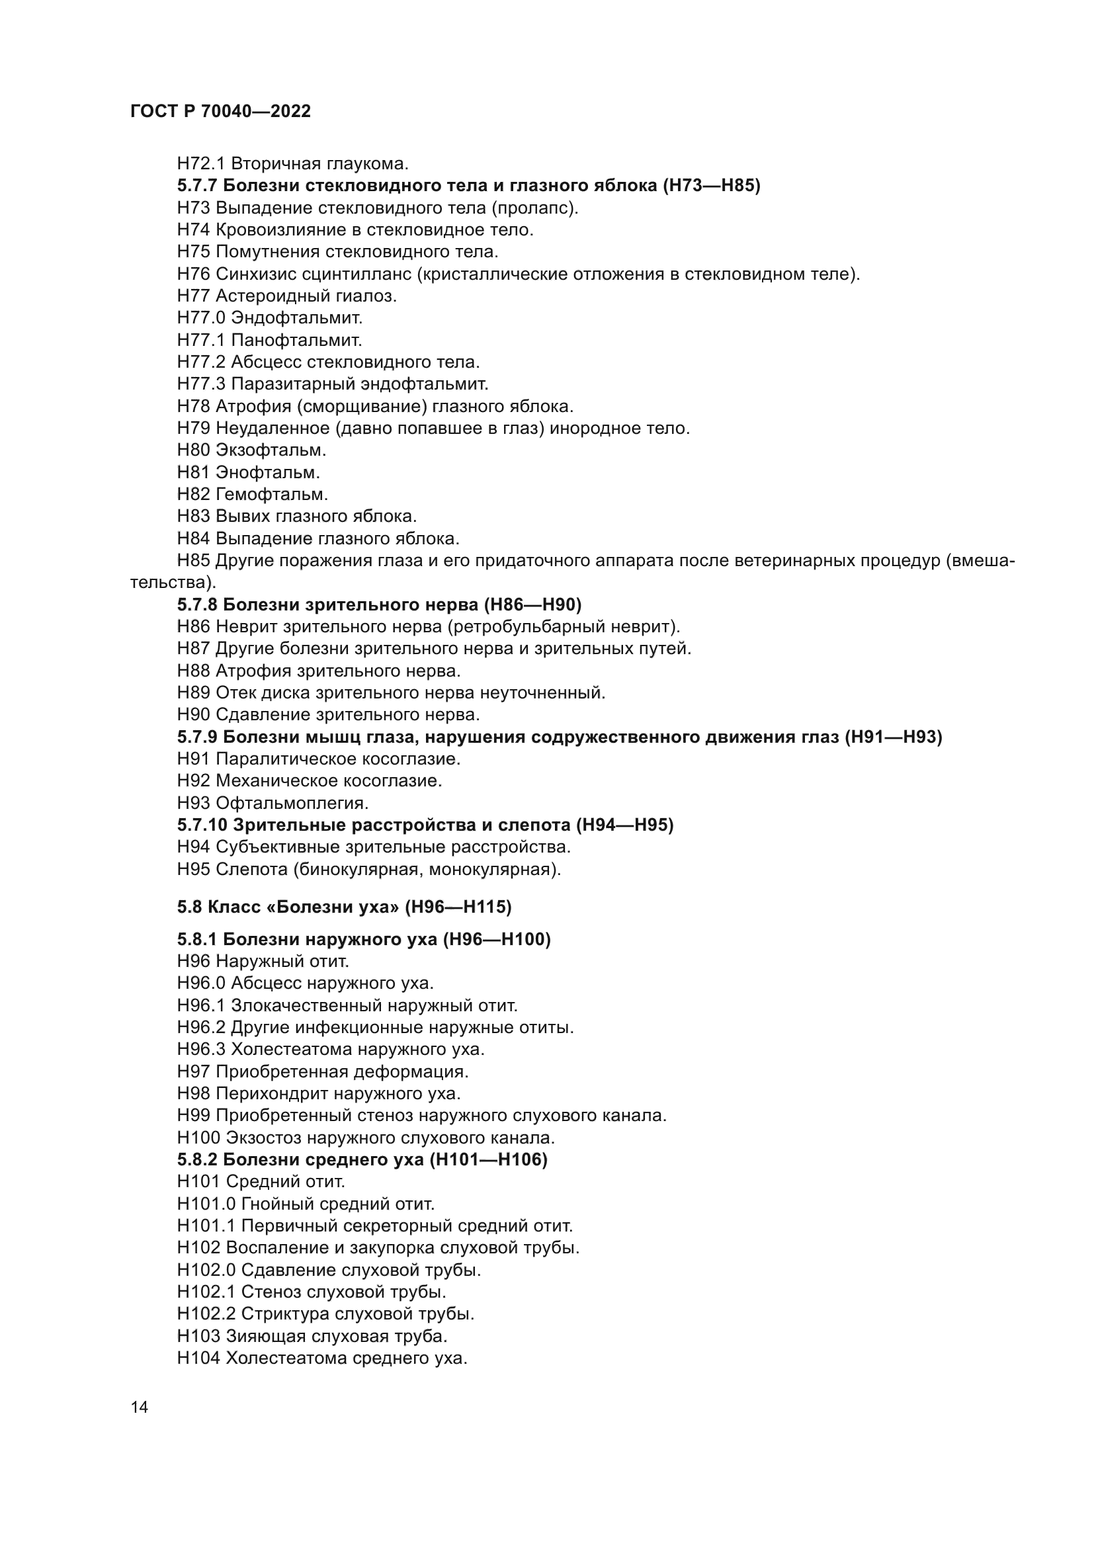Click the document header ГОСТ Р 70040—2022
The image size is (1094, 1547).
pyautogui.click(x=220, y=112)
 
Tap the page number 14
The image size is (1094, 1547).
pyautogui.click(x=140, y=1407)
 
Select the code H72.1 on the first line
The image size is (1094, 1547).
pyautogui.click(x=201, y=164)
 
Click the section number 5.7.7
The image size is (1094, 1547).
pyautogui.click(x=196, y=186)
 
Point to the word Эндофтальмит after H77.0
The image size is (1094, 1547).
pyautogui.click(x=296, y=317)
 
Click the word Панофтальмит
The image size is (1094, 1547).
pyautogui.click(x=296, y=339)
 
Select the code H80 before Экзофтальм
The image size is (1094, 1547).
pyautogui.click(x=193, y=449)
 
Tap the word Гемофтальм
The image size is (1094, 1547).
pyautogui.click(x=271, y=494)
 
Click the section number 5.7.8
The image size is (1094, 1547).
pyautogui.click(x=196, y=605)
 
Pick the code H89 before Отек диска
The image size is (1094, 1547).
pyautogui.click(x=193, y=692)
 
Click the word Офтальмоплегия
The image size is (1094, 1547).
pyautogui.click(x=292, y=803)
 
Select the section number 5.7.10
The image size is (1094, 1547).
pyautogui.click(x=202, y=825)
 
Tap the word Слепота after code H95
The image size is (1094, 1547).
pyautogui.click(x=251, y=869)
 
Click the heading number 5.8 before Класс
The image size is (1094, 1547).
pyautogui.click(x=189, y=907)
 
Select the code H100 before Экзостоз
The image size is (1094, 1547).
pyautogui.click(x=198, y=1138)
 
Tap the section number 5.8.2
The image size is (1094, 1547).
pyautogui.click(x=196, y=1159)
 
